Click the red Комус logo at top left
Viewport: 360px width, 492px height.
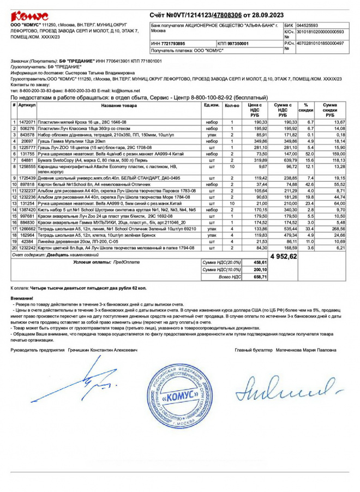[29, 16]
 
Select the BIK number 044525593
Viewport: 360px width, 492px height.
[308, 25]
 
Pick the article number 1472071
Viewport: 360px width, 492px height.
[27, 122]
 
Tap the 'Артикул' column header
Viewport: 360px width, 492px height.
[27, 105]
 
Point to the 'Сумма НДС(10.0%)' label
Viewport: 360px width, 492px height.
[221, 269]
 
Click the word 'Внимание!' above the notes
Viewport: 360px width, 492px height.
[22, 298]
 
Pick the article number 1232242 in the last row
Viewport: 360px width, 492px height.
[27, 248]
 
